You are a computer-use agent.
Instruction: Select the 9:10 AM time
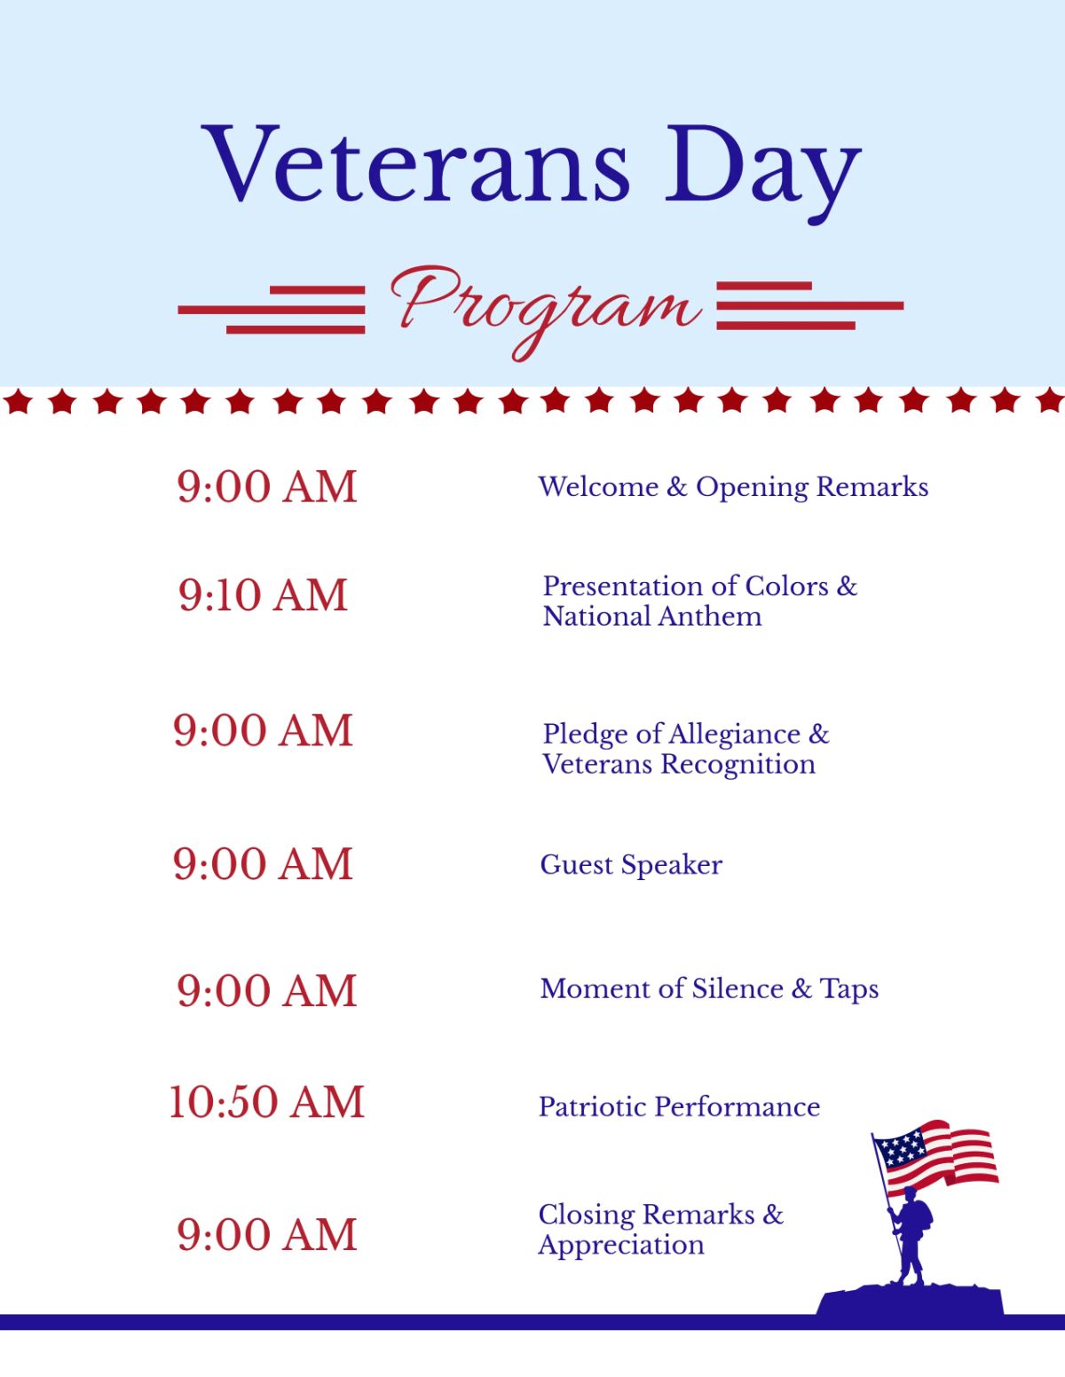[263, 594]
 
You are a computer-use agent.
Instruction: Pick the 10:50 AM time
[266, 1102]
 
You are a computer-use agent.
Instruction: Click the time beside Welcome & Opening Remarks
[266, 486]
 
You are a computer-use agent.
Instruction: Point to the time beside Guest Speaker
[263, 863]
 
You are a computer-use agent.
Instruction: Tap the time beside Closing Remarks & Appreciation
[266, 1234]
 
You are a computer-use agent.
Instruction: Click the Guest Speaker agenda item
[631, 865]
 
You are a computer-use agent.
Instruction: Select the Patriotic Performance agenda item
[679, 1106]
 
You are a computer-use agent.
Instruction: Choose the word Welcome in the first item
[598, 486]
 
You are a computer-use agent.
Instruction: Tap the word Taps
[849, 989]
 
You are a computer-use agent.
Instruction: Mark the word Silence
[738, 988]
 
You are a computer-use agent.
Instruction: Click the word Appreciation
[621, 1245]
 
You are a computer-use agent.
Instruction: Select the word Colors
[786, 586]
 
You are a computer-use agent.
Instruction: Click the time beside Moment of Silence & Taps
[266, 990]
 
